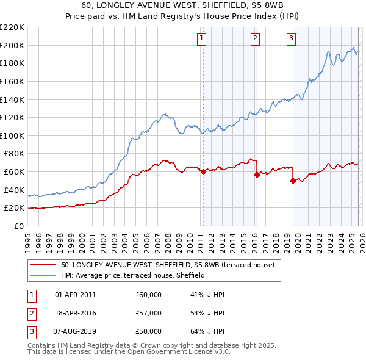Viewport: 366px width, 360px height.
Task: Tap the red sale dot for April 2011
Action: [x=203, y=171]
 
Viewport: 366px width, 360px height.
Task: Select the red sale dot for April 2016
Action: [x=257, y=175]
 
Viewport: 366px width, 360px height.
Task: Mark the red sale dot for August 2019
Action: [x=293, y=181]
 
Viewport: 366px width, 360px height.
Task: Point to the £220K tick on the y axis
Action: [x=13, y=27]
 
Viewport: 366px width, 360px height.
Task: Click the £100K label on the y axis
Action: [x=13, y=135]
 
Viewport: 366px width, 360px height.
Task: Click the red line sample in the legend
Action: [x=43, y=265]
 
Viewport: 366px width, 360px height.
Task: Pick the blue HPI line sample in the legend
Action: [x=43, y=276]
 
